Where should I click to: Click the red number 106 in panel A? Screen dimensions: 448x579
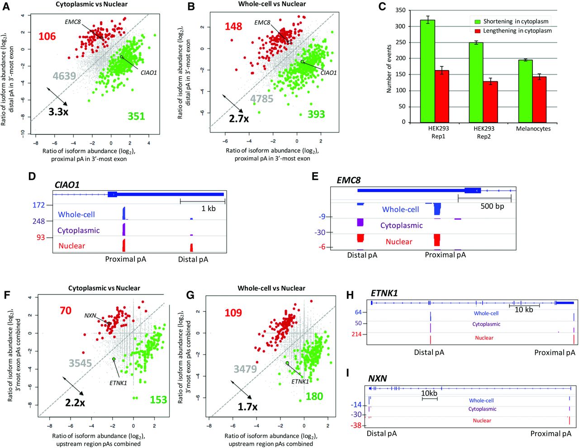47,36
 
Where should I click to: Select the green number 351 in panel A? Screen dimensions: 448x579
136,116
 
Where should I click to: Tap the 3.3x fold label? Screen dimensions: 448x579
58,112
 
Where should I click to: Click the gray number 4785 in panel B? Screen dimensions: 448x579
262,98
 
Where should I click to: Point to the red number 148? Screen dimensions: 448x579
233,27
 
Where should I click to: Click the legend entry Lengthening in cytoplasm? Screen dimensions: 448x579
517,31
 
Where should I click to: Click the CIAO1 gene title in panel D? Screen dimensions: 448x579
67,184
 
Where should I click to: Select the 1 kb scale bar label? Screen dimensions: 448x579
208,208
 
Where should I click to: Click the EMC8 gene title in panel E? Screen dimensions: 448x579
349,180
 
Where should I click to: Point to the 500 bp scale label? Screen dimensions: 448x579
492,206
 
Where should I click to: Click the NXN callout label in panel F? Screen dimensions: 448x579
90,315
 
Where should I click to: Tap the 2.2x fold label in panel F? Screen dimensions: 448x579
75,402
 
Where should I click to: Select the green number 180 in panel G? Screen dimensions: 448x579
314,396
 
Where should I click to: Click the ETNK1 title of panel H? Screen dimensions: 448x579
384,293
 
